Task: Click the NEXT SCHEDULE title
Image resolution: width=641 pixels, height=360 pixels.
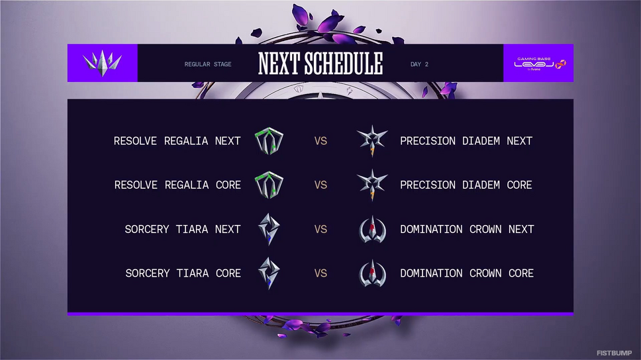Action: click(x=320, y=64)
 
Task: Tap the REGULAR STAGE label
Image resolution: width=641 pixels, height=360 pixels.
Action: click(x=208, y=64)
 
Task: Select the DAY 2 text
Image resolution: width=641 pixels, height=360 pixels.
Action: click(x=419, y=64)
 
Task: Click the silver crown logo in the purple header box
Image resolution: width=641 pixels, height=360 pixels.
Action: click(x=102, y=63)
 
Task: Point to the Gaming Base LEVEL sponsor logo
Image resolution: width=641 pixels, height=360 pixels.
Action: click(x=540, y=64)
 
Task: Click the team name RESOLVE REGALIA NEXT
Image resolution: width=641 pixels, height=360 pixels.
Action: click(x=177, y=141)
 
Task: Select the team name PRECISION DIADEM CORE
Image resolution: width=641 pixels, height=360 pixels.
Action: click(x=466, y=185)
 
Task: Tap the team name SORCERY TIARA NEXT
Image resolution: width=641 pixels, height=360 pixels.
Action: click(x=183, y=229)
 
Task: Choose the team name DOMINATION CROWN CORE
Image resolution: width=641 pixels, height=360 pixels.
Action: click(x=467, y=273)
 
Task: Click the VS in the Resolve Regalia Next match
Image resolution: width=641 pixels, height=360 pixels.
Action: click(x=320, y=141)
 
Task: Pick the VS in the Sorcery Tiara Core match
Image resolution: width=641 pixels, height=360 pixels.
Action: click(x=320, y=273)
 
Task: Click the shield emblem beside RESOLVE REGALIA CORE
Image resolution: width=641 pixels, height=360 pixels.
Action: click(x=269, y=185)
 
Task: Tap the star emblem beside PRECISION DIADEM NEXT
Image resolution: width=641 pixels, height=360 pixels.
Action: click(x=372, y=141)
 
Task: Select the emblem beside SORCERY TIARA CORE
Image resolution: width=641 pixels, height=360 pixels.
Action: click(x=269, y=273)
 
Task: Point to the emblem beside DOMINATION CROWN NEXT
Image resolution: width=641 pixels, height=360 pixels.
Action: click(x=372, y=229)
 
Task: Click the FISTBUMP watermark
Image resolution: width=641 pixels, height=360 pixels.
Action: click(x=614, y=353)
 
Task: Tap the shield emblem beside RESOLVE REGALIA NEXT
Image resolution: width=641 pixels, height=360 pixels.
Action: click(x=269, y=141)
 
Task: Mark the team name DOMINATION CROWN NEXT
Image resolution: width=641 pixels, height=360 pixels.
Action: click(x=467, y=229)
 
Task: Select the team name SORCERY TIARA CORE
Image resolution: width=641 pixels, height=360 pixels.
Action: click(x=183, y=273)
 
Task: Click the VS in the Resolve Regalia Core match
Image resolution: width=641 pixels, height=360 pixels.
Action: click(x=320, y=185)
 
